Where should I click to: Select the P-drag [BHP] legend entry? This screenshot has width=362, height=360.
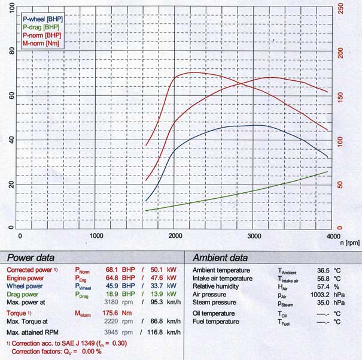point(41,27)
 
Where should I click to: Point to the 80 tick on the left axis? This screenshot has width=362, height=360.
point(11,52)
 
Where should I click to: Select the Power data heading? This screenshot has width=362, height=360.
point(31,258)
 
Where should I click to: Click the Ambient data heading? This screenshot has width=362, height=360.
point(220,258)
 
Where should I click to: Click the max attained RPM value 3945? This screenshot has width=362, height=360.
point(110,331)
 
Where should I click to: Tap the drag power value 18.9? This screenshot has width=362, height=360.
point(112,295)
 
